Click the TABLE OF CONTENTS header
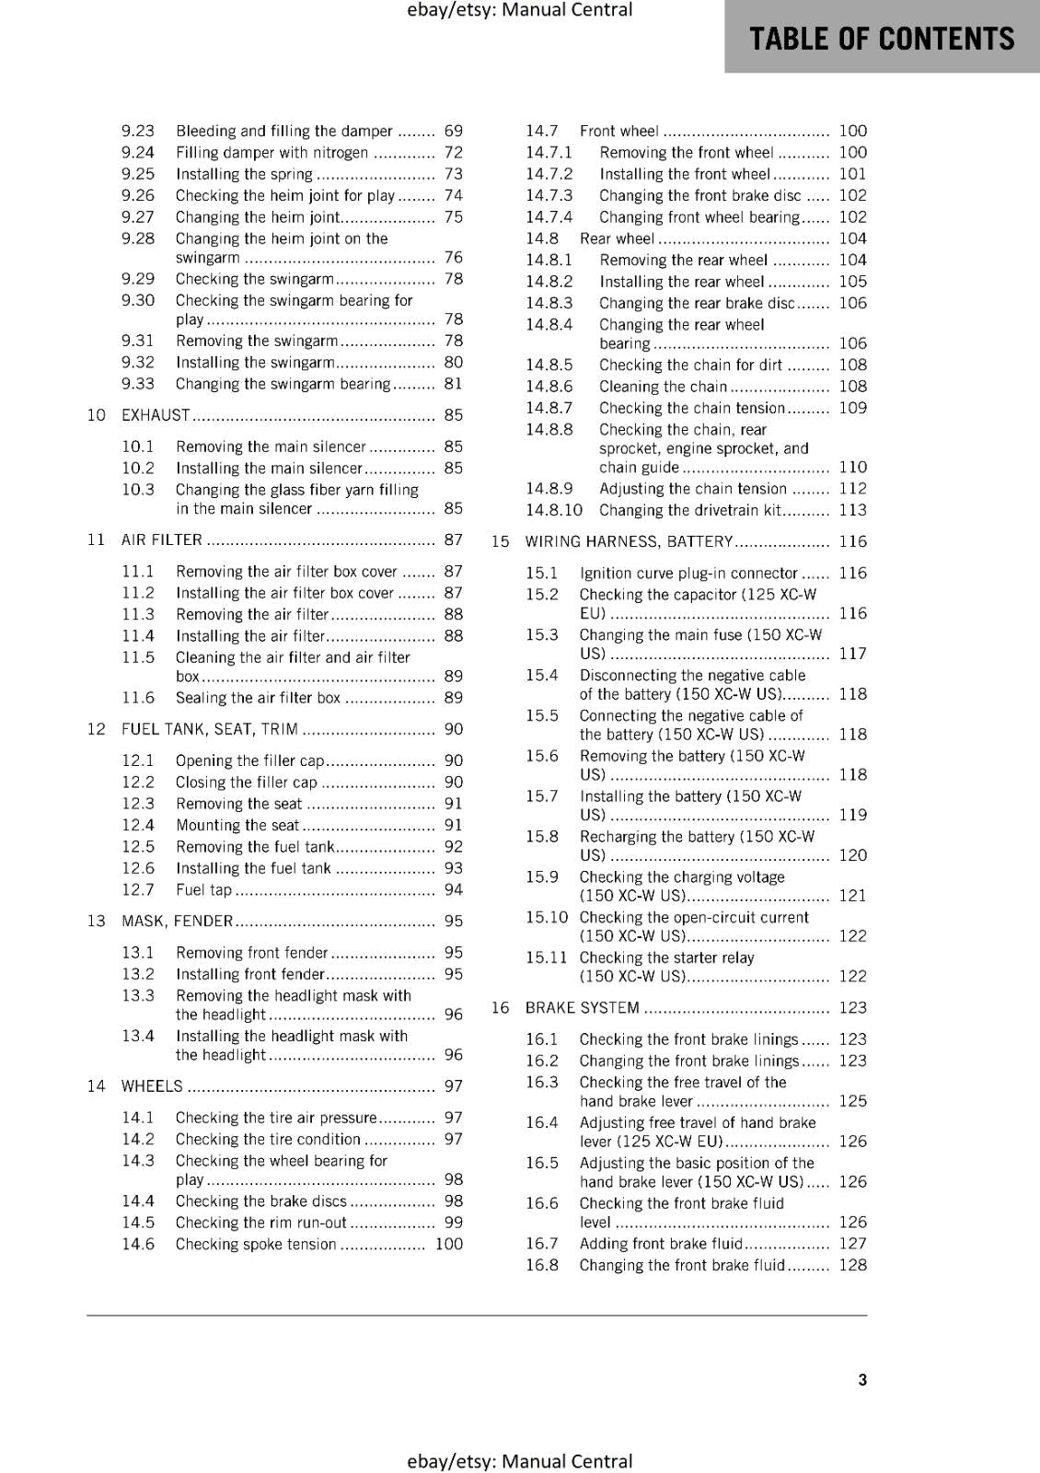click(882, 39)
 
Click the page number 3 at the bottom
click(862, 1379)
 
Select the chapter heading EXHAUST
click(156, 415)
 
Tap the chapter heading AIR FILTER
click(161, 539)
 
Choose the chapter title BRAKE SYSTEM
click(582, 1008)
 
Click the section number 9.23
click(138, 131)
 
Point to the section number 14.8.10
click(554, 510)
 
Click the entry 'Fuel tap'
click(203, 889)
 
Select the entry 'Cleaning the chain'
click(663, 387)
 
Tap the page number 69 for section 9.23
click(453, 131)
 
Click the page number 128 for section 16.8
click(852, 1265)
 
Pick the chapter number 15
click(500, 541)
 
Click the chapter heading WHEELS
click(152, 1086)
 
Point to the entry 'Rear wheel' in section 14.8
click(617, 238)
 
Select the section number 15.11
click(547, 957)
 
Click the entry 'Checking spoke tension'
click(256, 1244)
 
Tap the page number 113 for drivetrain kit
click(852, 510)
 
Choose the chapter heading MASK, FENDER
click(177, 921)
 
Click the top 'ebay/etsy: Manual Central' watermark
click(519, 10)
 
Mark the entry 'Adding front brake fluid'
click(661, 1244)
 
